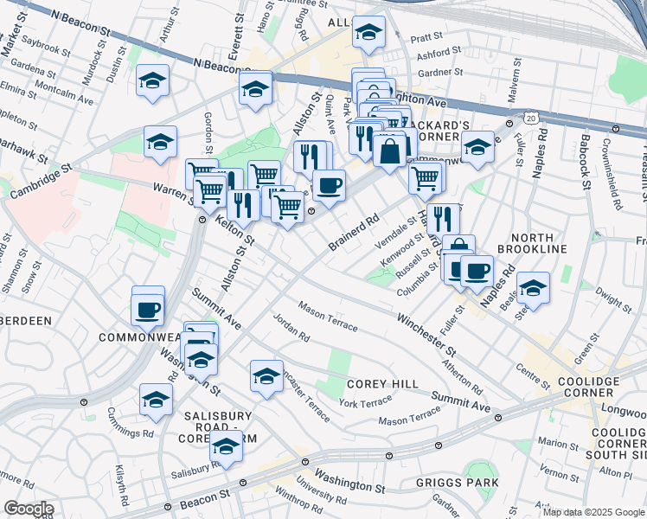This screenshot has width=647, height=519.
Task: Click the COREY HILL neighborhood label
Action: tap(382, 384)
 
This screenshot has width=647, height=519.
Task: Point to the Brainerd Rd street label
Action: tap(354, 232)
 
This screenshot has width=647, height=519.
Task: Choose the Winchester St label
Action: tap(426, 336)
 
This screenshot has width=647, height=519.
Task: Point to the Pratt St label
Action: tap(426, 38)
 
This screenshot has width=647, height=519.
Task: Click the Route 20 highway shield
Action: tap(530, 116)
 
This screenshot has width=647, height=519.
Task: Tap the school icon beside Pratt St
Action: tap(369, 34)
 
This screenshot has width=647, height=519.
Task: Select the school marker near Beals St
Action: tap(533, 287)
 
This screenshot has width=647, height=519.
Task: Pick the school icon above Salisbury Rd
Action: tap(227, 446)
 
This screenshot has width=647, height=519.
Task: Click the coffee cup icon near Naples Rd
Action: tap(476, 271)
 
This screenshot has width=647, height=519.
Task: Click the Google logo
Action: tap(28, 509)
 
